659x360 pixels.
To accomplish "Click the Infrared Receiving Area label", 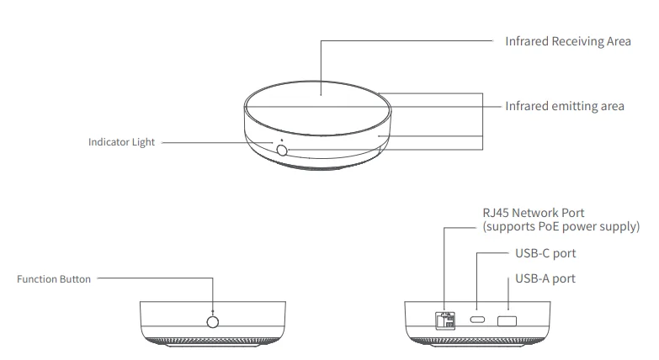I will coord(567,40).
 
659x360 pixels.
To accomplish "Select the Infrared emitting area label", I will coord(564,106).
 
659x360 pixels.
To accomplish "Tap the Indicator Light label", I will coord(121,142).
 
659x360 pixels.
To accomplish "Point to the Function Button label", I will coord(54,278).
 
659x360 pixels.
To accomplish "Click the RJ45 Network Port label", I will coord(533,213).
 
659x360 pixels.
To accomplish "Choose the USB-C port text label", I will coord(545,253).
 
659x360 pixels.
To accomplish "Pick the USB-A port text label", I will coord(545,278).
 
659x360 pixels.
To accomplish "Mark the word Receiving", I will coord(578,40).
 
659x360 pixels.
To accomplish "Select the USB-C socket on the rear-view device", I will coord(477,320).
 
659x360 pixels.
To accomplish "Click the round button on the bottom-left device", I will coord(212,321).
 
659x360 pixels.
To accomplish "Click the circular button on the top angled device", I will coord(281,151).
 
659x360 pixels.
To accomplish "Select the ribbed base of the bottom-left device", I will coord(212,341).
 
